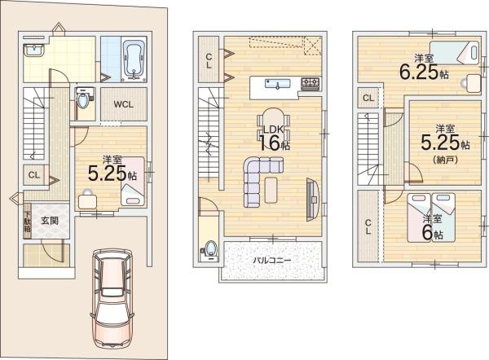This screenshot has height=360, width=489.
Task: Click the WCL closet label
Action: pyautogui.click(x=124, y=104)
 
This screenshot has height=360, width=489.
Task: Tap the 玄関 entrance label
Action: pyautogui.click(x=50, y=221)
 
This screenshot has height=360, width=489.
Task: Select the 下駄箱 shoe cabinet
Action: pyautogui.click(x=28, y=222)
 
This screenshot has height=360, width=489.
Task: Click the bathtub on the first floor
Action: pyautogui.click(x=134, y=60)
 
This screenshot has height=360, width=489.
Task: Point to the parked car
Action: pyautogui.click(x=112, y=299)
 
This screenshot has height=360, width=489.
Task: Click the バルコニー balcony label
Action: pyautogui.click(x=271, y=261)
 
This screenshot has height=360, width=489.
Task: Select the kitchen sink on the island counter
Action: pyautogui.click(x=278, y=84)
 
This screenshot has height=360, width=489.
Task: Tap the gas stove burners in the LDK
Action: pyautogui.click(x=310, y=84)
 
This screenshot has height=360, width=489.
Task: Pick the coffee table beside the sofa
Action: pyautogui.click(x=271, y=190)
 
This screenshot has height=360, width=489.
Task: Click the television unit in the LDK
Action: pyautogui.click(x=312, y=200)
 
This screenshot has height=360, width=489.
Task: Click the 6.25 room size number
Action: pyautogui.click(x=419, y=72)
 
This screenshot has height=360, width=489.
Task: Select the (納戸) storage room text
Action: pyautogui.click(x=445, y=160)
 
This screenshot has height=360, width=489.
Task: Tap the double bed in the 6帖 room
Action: pyautogui.click(x=431, y=217)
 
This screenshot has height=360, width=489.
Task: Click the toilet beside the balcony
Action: pyautogui.click(x=209, y=250)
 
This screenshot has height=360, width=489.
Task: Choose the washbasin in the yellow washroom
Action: pyautogui.click(x=34, y=50)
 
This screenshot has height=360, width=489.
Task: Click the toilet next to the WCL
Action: pyautogui.click(x=84, y=99)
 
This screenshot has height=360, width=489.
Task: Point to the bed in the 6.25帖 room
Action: pyautogui.click(x=455, y=52)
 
